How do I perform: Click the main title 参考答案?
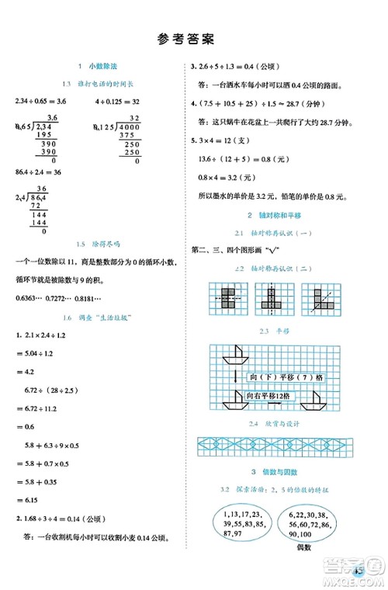[x=194, y=37]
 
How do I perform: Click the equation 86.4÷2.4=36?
[x=38, y=171]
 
